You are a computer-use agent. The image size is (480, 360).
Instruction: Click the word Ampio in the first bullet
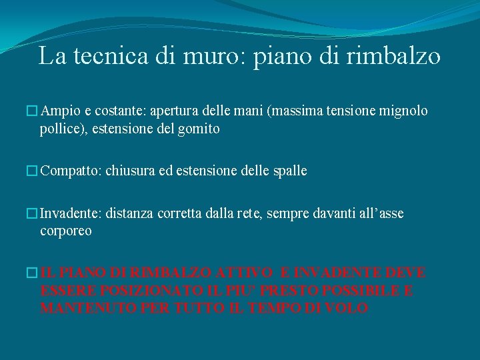[x=59, y=110]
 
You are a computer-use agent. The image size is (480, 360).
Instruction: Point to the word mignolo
[x=403, y=110]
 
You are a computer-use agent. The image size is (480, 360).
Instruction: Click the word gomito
[x=198, y=129]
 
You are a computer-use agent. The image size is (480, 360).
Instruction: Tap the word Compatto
[x=69, y=171]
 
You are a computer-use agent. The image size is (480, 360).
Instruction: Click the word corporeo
[x=66, y=231]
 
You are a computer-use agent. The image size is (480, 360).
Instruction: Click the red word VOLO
[x=348, y=309]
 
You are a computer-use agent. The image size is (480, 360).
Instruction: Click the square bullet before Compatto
[x=33, y=171]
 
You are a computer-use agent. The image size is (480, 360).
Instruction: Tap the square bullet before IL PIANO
[x=33, y=274]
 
